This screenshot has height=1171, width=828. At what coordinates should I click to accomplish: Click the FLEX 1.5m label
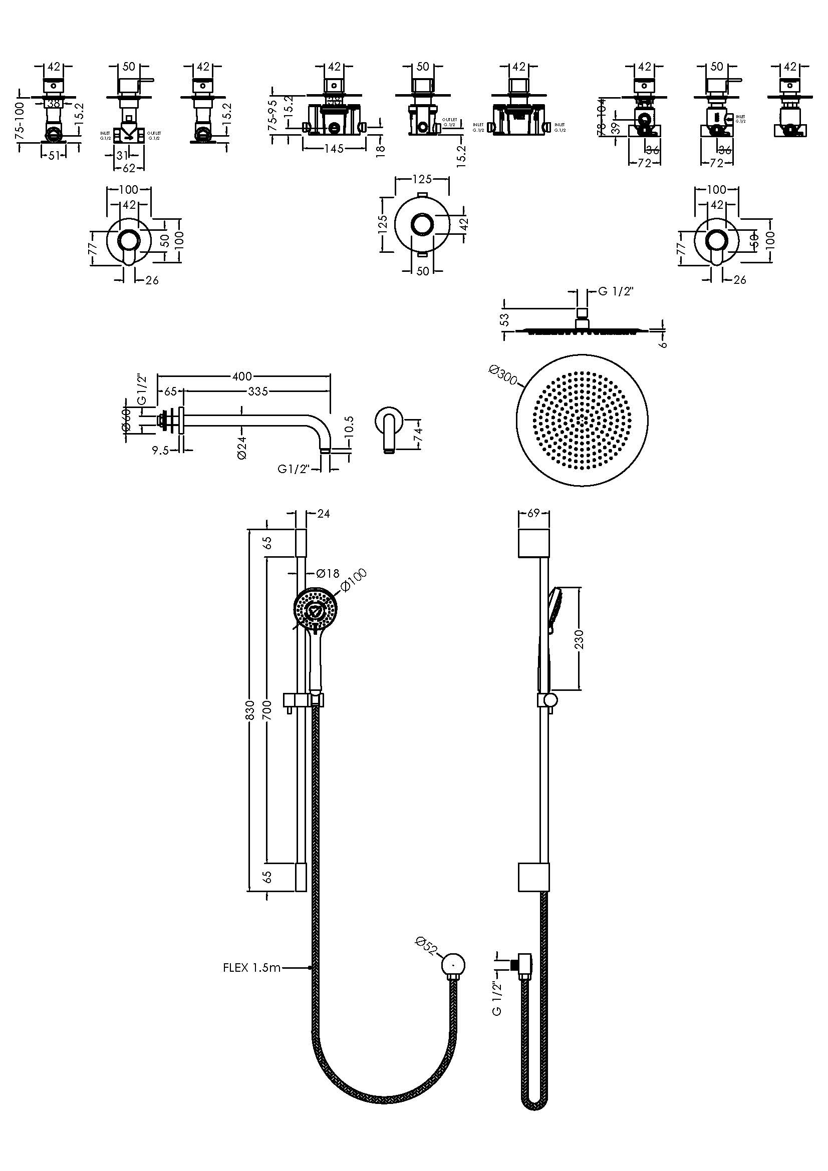pyautogui.click(x=252, y=967)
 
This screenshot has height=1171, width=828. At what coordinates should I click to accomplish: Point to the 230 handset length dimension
pyautogui.click(x=579, y=639)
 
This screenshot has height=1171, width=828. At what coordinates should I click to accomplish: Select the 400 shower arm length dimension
pyautogui.click(x=242, y=376)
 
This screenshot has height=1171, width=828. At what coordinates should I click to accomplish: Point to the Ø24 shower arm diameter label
pyautogui.click(x=242, y=447)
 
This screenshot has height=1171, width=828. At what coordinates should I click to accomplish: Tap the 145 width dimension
pyautogui.click(x=334, y=149)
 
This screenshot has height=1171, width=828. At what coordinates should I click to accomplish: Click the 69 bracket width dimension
pyautogui.click(x=533, y=513)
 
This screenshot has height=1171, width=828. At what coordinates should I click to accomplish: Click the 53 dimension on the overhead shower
pyautogui.click(x=504, y=320)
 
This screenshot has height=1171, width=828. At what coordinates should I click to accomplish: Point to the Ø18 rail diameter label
pyautogui.click(x=328, y=573)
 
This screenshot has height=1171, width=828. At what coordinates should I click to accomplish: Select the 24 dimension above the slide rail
pyautogui.click(x=324, y=514)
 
